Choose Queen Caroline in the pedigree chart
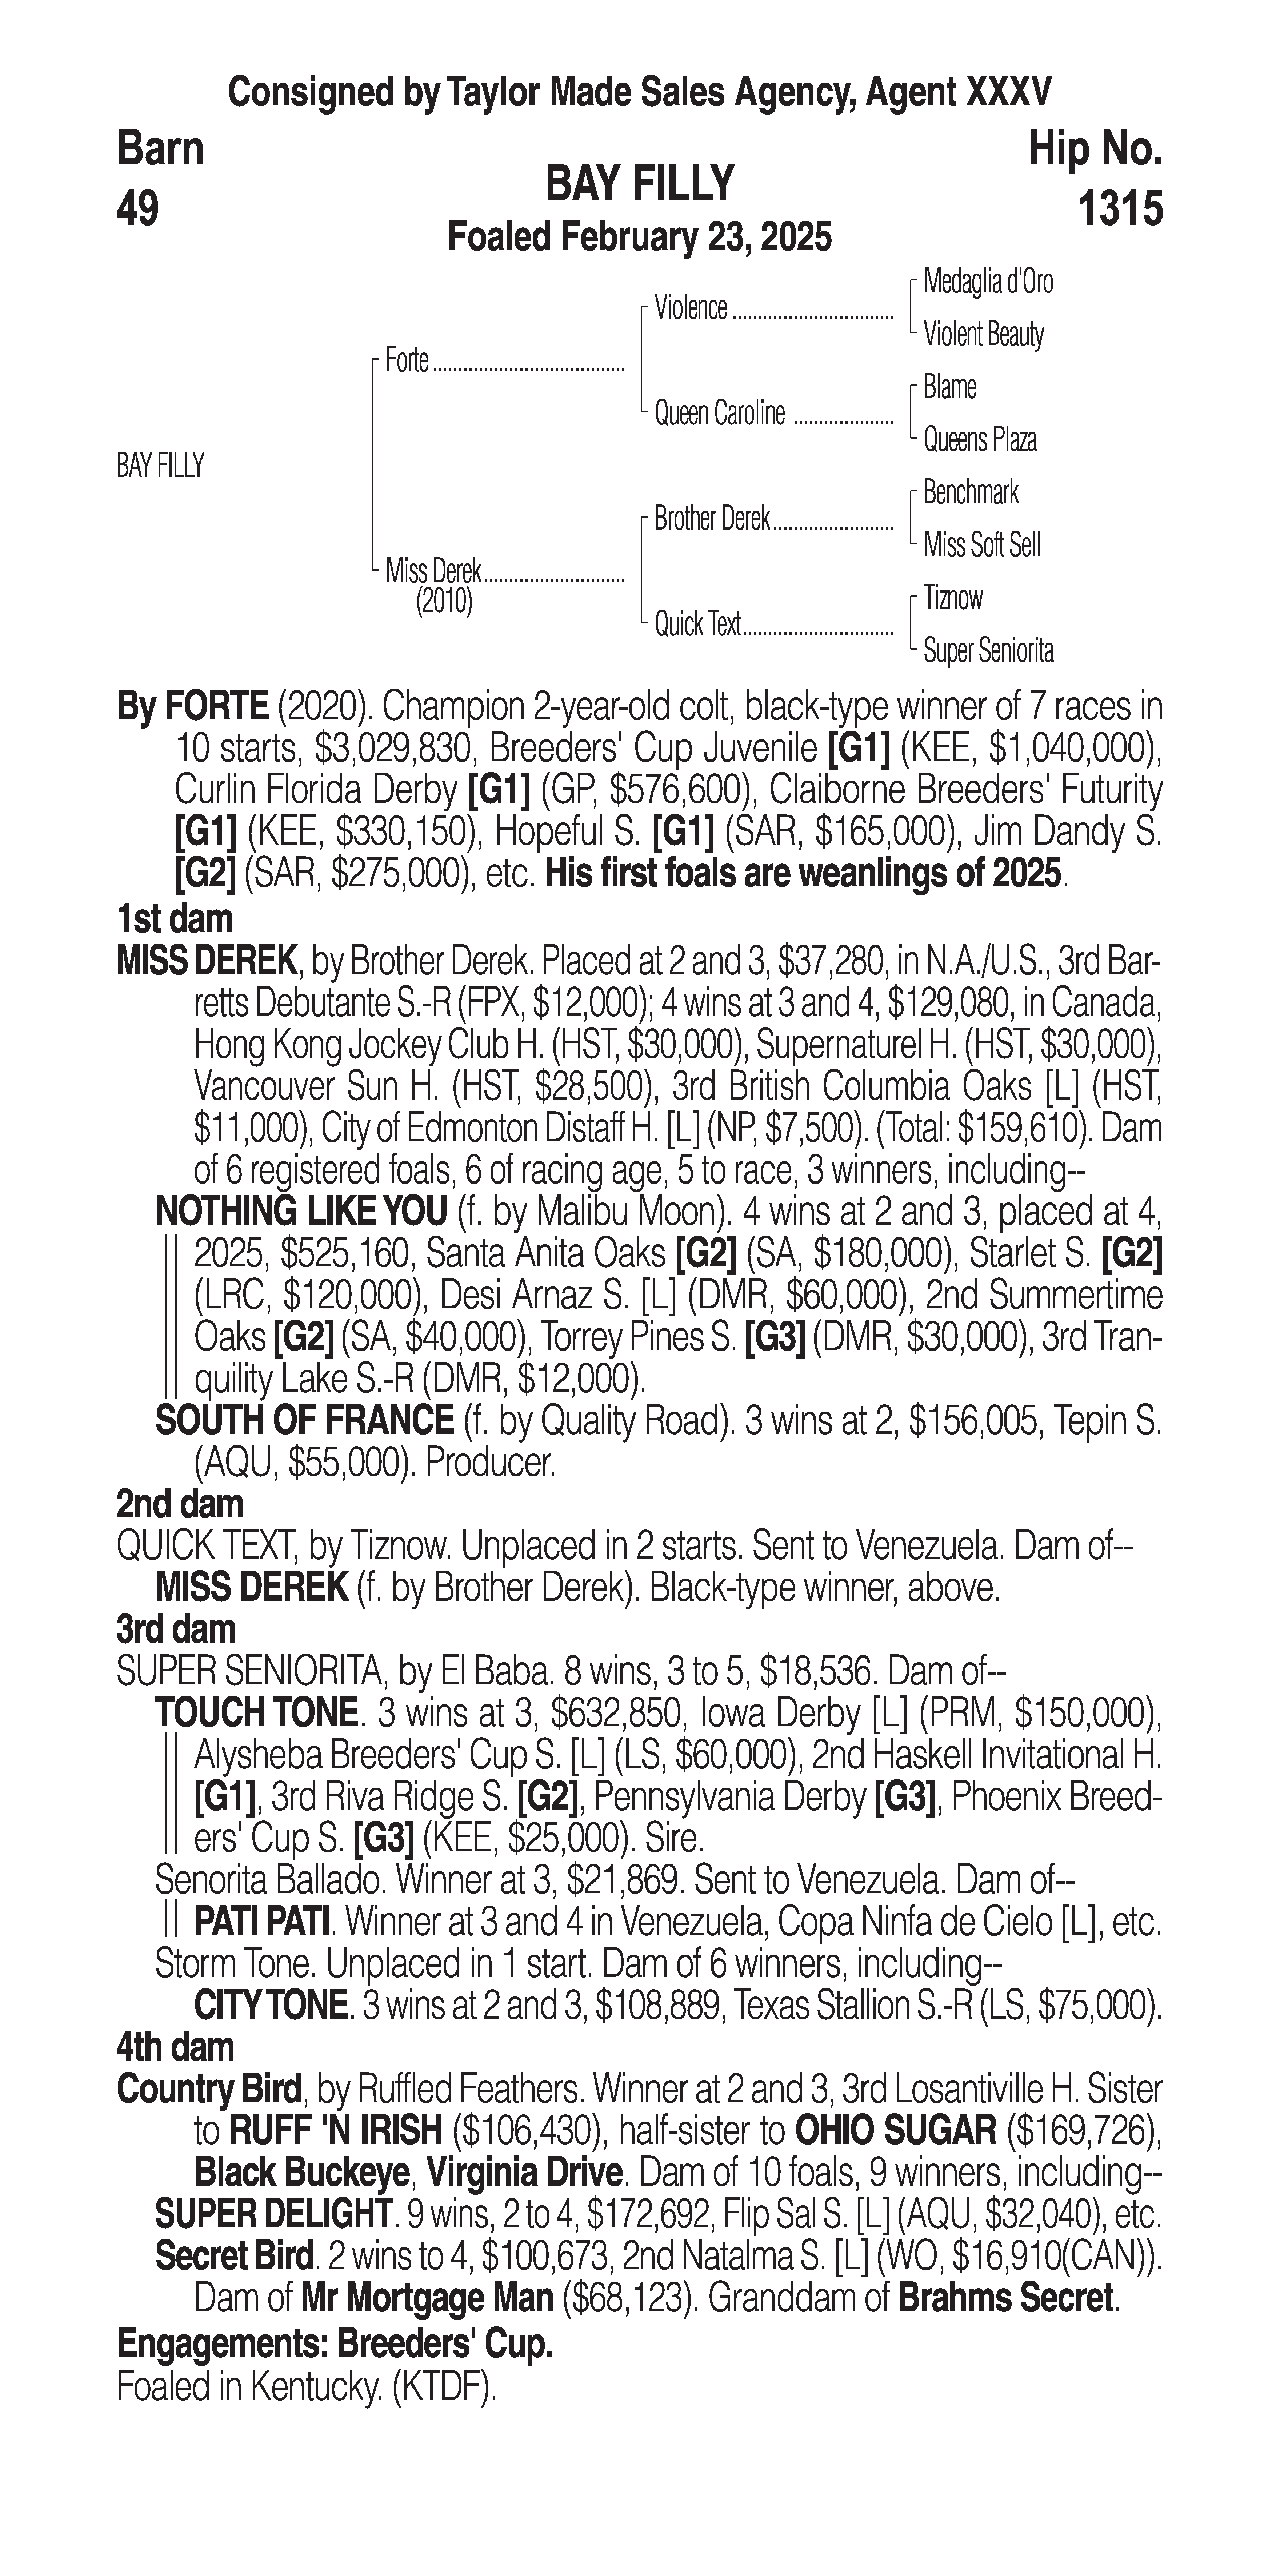click(x=719, y=413)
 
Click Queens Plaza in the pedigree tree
click(x=979, y=440)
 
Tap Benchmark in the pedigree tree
click(x=971, y=492)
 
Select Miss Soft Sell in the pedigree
click(x=981, y=545)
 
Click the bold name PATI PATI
click(x=262, y=1923)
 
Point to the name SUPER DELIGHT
click(x=273, y=2214)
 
